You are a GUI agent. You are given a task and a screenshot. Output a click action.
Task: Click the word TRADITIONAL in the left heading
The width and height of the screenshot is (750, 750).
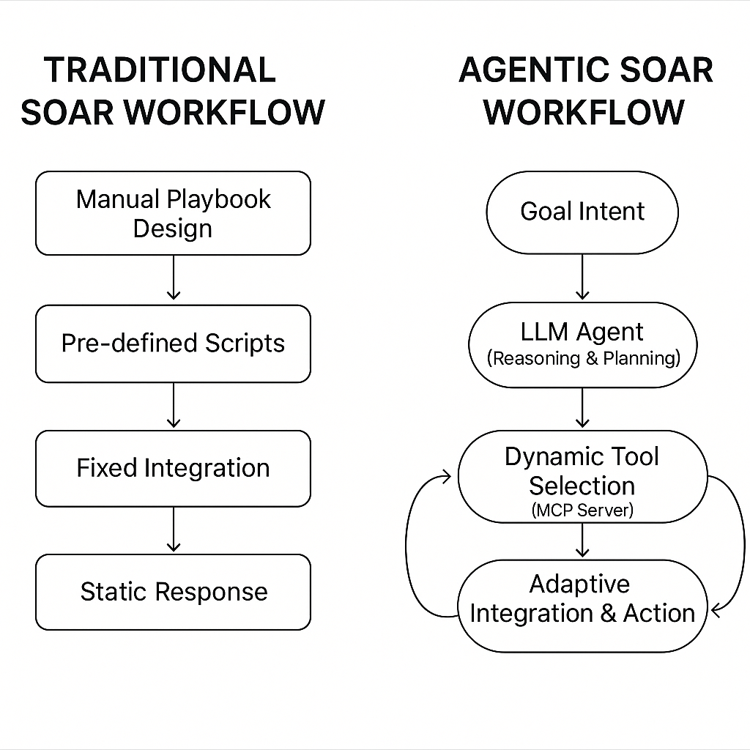(x=160, y=70)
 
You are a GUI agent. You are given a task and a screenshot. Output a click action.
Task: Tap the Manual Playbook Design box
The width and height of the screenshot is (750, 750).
(x=173, y=213)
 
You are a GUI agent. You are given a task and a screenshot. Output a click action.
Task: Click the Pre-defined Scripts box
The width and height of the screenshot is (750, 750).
(x=173, y=344)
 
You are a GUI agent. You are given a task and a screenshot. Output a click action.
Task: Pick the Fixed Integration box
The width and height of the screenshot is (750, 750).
(x=173, y=469)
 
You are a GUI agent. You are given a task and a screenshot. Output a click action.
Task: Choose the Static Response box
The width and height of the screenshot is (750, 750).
(x=173, y=592)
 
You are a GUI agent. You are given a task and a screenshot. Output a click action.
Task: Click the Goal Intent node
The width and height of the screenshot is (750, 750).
(x=582, y=212)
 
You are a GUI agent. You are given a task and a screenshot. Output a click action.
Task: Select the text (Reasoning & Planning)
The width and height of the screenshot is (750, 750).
(x=583, y=359)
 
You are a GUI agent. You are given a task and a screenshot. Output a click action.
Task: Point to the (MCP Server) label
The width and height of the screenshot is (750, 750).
(x=582, y=510)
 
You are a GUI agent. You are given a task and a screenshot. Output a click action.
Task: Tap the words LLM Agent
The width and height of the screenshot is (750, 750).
(x=582, y=332)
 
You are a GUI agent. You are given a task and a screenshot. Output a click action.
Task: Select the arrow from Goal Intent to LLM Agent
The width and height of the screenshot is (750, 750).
(x=582, y=277)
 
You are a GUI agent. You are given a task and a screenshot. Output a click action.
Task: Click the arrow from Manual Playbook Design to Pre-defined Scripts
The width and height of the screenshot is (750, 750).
(x=173, y=278)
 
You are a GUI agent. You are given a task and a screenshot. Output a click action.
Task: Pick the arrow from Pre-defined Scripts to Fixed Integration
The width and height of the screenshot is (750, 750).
(x=173, y=405)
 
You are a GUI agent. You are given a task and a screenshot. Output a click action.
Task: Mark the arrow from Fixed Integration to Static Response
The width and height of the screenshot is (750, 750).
(x=173, y=530)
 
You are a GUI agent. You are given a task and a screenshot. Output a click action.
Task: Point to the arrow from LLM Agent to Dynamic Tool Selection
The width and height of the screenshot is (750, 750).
(x=582, y=407)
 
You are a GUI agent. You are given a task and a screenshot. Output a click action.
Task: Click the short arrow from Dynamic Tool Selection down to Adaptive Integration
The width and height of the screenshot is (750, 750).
(x=582, y=541)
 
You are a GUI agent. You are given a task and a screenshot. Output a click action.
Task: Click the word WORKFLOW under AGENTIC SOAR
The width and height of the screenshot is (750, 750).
(x=584, y=113)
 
